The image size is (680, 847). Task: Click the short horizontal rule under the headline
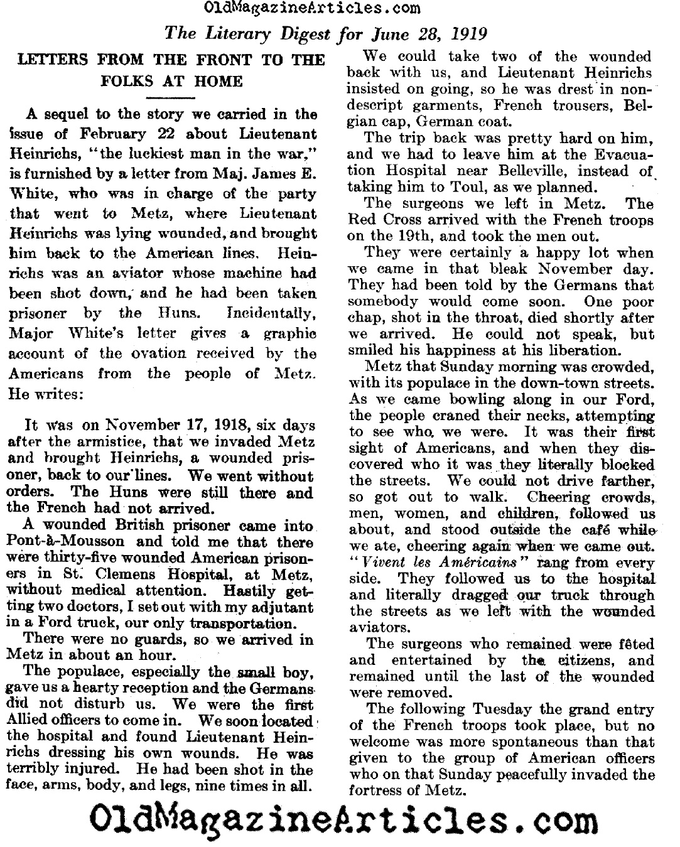click(170, 98)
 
